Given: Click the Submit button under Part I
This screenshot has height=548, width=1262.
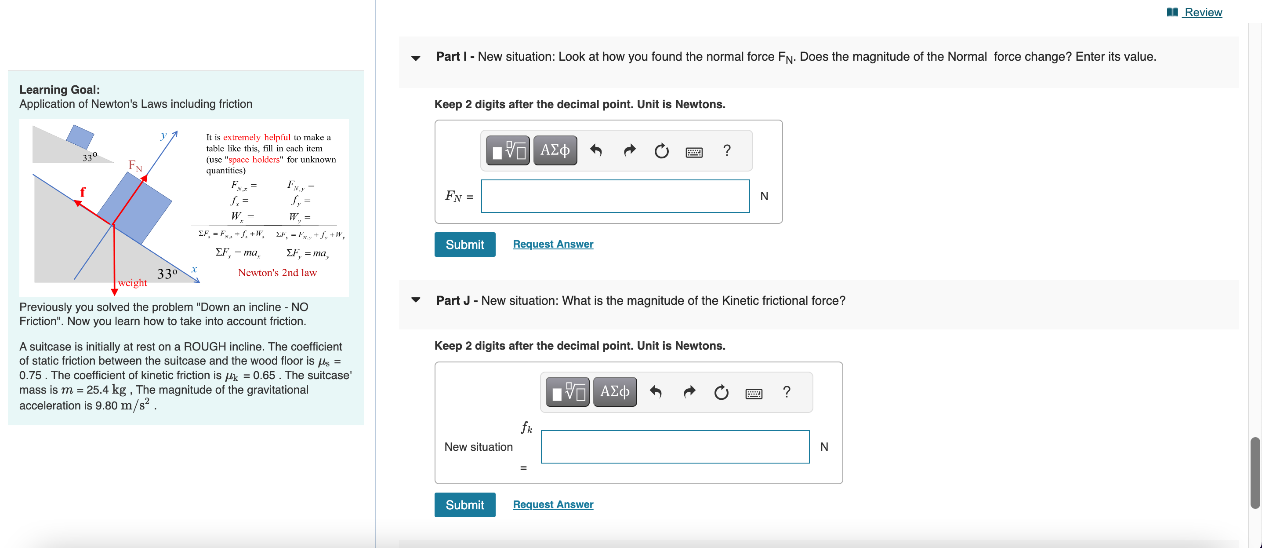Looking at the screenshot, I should coord(464,244).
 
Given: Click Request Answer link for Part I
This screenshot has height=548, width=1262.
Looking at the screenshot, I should coord(553,244).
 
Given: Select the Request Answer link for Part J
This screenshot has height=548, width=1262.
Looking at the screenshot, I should coord(553,504).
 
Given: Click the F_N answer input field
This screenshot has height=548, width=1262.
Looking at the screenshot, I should coord(615,196).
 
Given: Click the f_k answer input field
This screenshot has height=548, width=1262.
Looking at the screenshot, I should coord(675,446).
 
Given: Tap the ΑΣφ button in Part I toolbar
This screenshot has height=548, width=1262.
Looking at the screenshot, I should coord(555,150).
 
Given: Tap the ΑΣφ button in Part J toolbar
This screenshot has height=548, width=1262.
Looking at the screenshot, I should coord(614,391).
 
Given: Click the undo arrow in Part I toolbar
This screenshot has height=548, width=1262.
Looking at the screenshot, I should coord(596,150).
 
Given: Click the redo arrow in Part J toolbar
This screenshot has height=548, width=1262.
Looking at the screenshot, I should coord(689,391).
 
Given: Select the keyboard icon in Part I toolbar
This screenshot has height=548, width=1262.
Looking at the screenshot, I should coord(694,152).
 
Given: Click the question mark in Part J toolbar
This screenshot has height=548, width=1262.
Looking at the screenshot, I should coord(786,391).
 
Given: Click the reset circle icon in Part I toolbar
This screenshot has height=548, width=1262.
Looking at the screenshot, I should coord(661,150).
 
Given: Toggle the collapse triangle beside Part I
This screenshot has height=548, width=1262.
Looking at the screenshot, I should coord(415,58).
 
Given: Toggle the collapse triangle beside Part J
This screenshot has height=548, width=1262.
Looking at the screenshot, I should coord(415,300).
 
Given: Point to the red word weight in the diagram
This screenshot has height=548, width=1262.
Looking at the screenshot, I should coord(132,283).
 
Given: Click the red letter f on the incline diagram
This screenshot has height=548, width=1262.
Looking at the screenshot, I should coord(82,192).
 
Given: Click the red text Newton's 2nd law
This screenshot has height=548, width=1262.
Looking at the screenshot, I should coord(277,273).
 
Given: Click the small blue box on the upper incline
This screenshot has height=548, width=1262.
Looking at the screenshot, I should coord(80,136).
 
